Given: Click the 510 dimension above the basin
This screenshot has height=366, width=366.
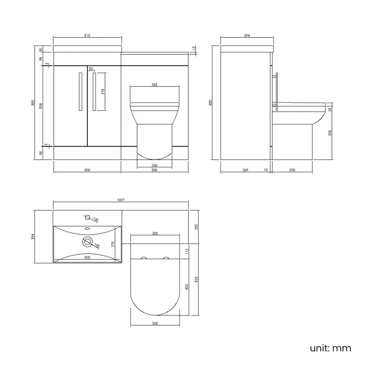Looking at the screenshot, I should pyautogui.click(x=87, y=36).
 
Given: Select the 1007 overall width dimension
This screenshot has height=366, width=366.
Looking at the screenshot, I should pyautogui.click(x=120, y=200).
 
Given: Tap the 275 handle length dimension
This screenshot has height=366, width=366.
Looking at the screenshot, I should pyautogui.click(x=103, y=92).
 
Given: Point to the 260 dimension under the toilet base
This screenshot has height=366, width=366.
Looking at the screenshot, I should pyautogui.click(x=154, y=165).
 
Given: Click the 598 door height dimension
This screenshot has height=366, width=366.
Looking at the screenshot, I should pyautogui.click(x=41, y=106).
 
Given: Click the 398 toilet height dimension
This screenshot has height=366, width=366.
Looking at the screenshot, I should pyautogui.click(x=330, y=133).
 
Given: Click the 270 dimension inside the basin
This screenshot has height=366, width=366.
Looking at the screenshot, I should pyautogui.click(x=113, y=244).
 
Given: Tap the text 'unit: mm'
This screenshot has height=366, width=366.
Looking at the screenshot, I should pyautogui.click(x=330, y=348).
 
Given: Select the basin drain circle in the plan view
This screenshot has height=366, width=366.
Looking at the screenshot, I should pyautogui.click(x=87, y=243).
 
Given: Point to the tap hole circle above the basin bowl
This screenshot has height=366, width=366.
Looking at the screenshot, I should pyautogui.click(x=87, y=217).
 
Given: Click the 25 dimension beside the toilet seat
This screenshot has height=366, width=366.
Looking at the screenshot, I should pyautogui.click(x=330, y=109).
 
